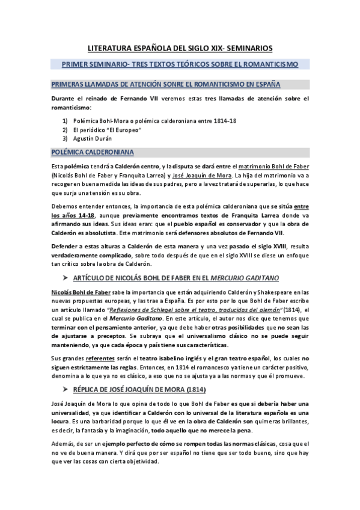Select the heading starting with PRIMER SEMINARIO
(x=180, y=64)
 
